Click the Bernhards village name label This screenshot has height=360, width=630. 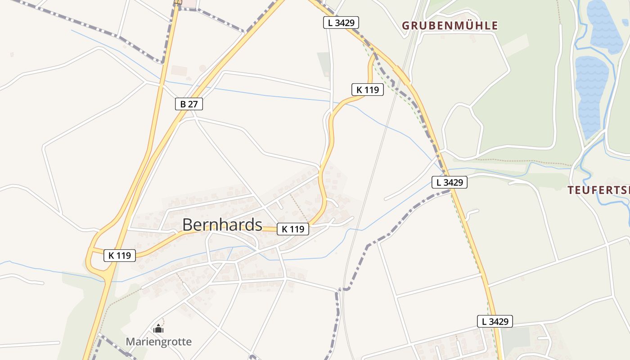[x=222, y=225]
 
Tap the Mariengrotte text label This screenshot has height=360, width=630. [x=158, y=342]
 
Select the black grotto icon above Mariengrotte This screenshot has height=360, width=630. [x=158, y=329]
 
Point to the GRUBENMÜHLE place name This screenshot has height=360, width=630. [x=450, y=26]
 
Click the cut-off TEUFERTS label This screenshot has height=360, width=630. [x=598, y=190]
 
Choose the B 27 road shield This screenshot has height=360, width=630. [x=189, y=104]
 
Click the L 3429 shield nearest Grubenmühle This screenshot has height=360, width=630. [x=341, y=22]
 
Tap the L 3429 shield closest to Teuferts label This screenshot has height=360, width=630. [x=450, y=182]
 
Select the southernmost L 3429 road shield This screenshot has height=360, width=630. [x=495, y=321]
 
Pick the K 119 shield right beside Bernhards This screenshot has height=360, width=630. [x=293, y=229]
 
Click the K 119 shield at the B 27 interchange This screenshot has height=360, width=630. [x=120, y=256]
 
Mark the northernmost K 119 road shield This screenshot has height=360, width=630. [x=368, y=90]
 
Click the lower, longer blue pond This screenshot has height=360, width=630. [x=591, y=94]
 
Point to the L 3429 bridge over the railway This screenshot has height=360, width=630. [x=402, y=75]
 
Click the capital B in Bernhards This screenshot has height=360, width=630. [x=188, y=225]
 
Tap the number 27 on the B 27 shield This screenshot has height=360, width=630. [x=193, y=104]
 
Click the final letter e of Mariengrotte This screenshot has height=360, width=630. [x=189, y=342]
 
